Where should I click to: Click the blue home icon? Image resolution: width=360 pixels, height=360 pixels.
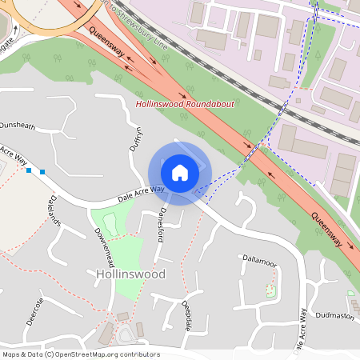point(180,173)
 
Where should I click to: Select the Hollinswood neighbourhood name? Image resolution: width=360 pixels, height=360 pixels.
point(130,274)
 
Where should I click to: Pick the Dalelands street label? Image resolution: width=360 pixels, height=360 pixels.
point(54,210)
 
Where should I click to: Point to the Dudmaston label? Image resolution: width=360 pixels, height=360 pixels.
point(334,316)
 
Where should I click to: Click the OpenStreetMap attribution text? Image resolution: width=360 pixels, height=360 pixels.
point(81,354)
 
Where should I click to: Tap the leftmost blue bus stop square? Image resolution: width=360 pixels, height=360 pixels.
point(29,170)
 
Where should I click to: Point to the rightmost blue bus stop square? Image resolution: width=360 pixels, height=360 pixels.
point(42,172)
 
